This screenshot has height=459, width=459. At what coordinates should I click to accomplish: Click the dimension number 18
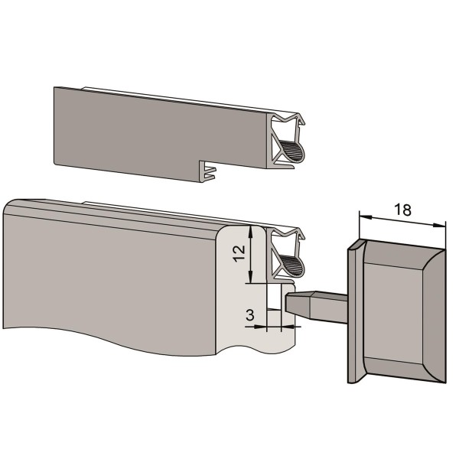pos(403,210)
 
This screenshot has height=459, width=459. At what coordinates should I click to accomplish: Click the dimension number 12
pos(239,253)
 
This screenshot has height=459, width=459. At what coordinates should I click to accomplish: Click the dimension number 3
pos(249,315)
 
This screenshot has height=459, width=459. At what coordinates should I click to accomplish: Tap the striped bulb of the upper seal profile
pos(292,151)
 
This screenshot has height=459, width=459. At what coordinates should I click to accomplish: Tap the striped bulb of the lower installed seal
pos(292,265)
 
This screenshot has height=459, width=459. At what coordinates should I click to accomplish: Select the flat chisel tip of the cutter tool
pos(298,302)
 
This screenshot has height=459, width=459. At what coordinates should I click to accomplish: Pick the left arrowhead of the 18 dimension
pos(366,217)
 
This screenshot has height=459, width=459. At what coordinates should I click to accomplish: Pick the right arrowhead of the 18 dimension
pos(439,225)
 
